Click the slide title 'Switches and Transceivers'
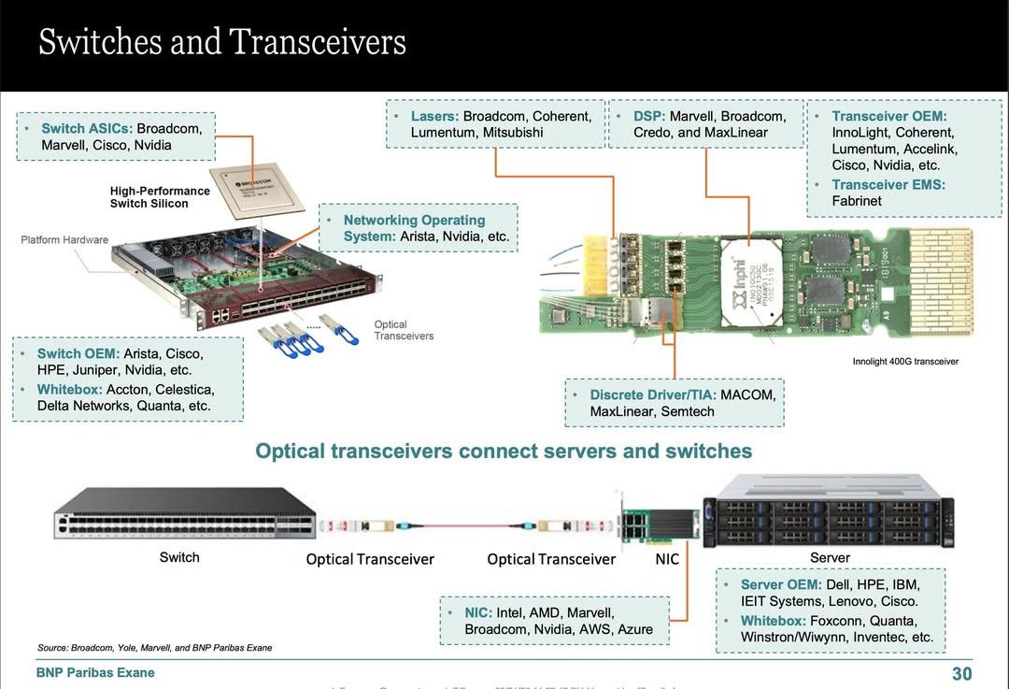(x=222, y=42)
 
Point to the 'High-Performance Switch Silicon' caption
(x=160, y=196)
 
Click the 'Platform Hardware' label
(x=64, y=240)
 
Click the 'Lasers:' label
(x=434, y=117)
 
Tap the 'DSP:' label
(x=649, y=117)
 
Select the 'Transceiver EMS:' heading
(x=888, y=185)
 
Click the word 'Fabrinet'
(x=857, y=201)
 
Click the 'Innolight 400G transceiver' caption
(x=905, y=362)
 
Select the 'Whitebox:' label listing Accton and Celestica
(x=69, y=390)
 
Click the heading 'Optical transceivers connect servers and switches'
(x=504, y=452)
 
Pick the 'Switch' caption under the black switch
(x=179, y=557)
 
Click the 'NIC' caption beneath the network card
(x=667, y=559)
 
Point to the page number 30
(x=961, y=674)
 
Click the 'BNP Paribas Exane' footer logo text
(x=95, y=673)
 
